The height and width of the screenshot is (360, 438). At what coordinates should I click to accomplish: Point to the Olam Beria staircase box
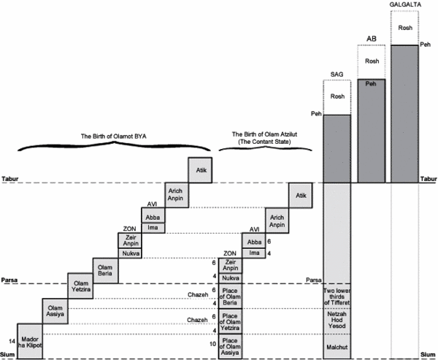pos(105,268)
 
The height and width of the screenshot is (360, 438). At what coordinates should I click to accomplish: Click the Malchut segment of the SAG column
pos(337,346)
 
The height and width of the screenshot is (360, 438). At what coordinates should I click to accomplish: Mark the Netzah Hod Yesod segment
pos(337,320)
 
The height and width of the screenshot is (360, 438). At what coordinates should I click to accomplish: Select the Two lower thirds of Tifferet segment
pos(337,295)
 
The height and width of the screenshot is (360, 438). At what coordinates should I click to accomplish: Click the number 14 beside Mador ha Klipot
pos(11,341)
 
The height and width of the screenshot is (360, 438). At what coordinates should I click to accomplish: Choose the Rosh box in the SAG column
pos(337,97)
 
